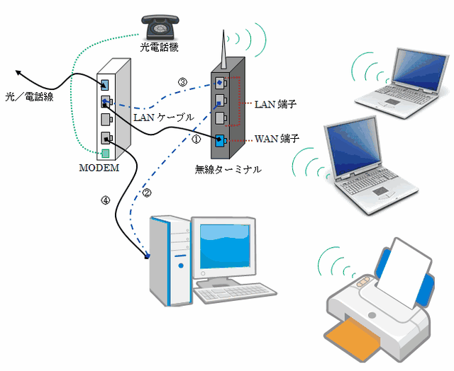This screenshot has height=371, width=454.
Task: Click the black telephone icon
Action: click(x=160, y=27)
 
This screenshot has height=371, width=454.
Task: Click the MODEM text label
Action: click(x=99, y=168)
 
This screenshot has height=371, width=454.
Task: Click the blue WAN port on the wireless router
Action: click(x=220, y=139)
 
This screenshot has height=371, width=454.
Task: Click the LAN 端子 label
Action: click(x=275, y=104)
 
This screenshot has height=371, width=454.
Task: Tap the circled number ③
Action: click(x=182, y=83)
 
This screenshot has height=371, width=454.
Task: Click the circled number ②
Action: click(x=148, y=193)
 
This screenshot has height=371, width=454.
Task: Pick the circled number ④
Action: click(x=106, y=200)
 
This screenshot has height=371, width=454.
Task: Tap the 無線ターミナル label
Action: click(x=228, y=169)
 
